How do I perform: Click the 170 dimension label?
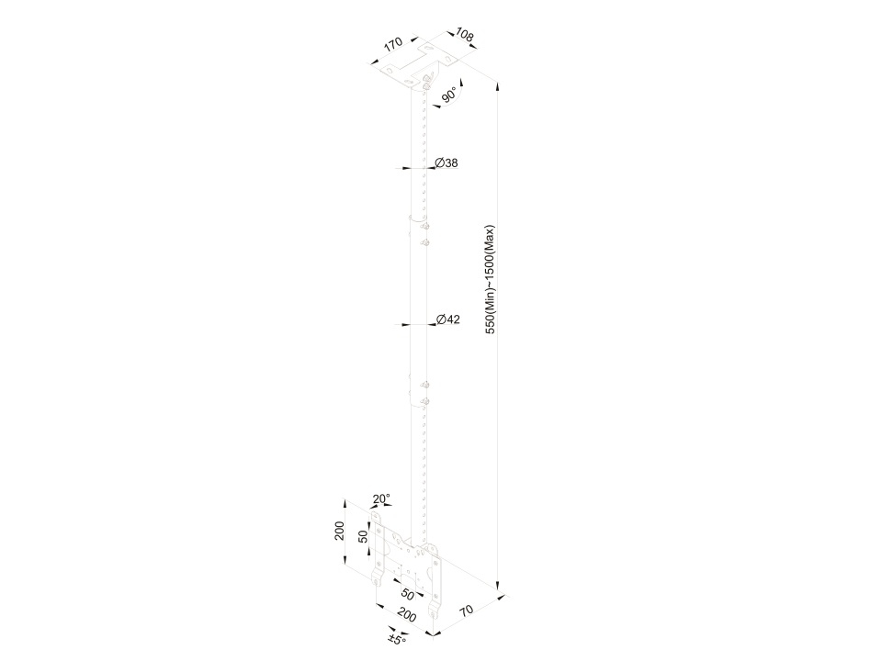[x=393, y=44]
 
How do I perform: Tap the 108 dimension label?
[x=464, y=35]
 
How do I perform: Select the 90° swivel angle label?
[x=449, y=95]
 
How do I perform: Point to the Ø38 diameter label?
[x=447, y=163]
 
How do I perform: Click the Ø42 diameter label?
[x=448, y=319]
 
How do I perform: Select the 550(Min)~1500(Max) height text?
[x=491, y=279]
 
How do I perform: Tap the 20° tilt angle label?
[x=381, y=499]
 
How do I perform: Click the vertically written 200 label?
[x=339, y=531]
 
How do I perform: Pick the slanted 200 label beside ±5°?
[x=406, y=615]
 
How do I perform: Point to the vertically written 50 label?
[x=364, y=536]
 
